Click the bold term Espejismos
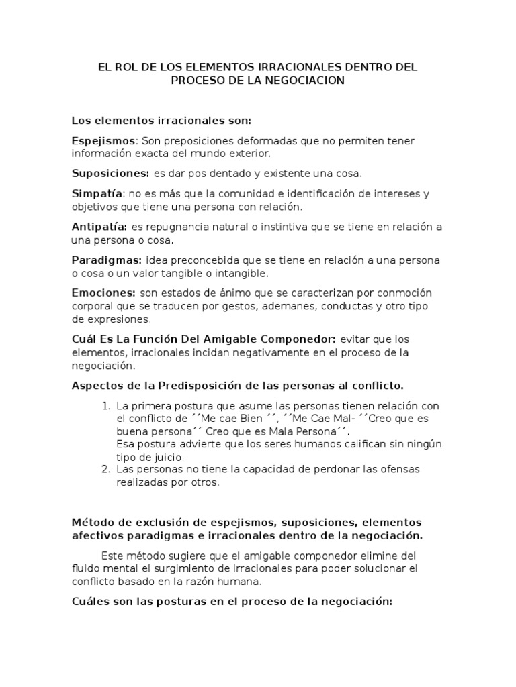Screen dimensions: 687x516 (103, 140)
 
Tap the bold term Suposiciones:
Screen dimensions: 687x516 (111, 173)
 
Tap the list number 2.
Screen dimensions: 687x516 (105, 469)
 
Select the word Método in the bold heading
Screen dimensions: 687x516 (90, 522)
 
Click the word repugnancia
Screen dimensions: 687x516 (175, 227)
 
